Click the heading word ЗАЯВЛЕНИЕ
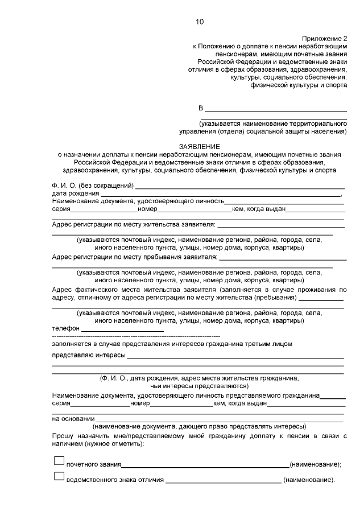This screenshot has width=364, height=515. [x=198, y=146]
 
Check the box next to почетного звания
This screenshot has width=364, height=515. [x=59, y=460]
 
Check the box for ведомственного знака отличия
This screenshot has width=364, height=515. [x=59, y=476]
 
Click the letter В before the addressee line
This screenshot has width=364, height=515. [x=200, y=108]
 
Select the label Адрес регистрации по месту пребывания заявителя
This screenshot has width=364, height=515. [x=134, y=257]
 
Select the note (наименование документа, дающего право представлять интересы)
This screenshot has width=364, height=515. [x=198, y=426]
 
